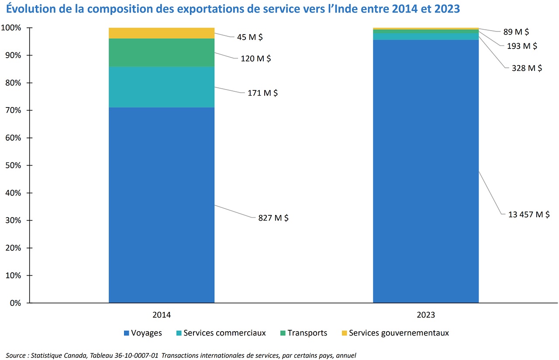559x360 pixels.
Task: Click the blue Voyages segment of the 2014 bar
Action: [x=162, y=205]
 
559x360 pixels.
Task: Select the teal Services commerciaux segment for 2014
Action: [x=162, y=87]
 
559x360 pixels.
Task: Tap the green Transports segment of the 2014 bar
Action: [x=162, y=52]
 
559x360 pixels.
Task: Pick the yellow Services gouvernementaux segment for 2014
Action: [x=162, y=33]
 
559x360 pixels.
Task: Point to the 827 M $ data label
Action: [x=273, y=218]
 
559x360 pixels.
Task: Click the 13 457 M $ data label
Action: [x=528, y=214]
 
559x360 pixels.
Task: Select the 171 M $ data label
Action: [x=262, y=93]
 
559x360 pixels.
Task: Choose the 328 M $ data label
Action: [x=527, y=68]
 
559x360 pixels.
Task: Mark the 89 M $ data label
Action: [x=516, y=31]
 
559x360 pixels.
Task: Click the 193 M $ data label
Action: [x=522, y=45]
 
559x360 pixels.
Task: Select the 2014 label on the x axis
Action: [x=162, y=315]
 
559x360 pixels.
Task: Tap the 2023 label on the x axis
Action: [x=426, y=315]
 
